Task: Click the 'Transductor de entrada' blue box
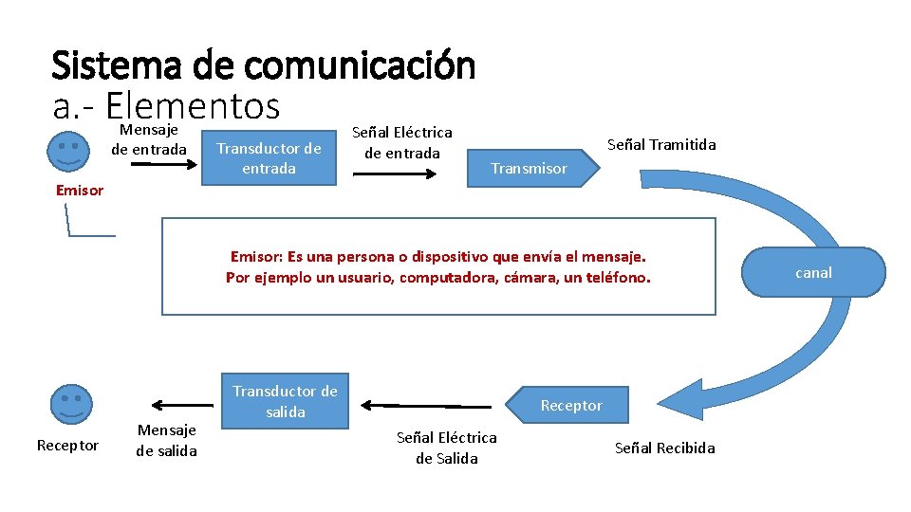[270, 157]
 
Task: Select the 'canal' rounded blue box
[814, 272]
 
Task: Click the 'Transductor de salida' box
[285, 401]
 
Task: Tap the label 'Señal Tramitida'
[661, 144]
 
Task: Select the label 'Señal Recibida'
[664, 448]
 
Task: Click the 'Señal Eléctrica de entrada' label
[402, 142]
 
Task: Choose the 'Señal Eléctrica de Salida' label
[446, 448]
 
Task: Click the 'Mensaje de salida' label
[167, 440]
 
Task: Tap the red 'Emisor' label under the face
[80, 190]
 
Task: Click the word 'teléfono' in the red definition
[618, 277]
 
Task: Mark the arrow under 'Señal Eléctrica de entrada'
[402, 174]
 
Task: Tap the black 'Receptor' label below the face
[67, 445]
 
